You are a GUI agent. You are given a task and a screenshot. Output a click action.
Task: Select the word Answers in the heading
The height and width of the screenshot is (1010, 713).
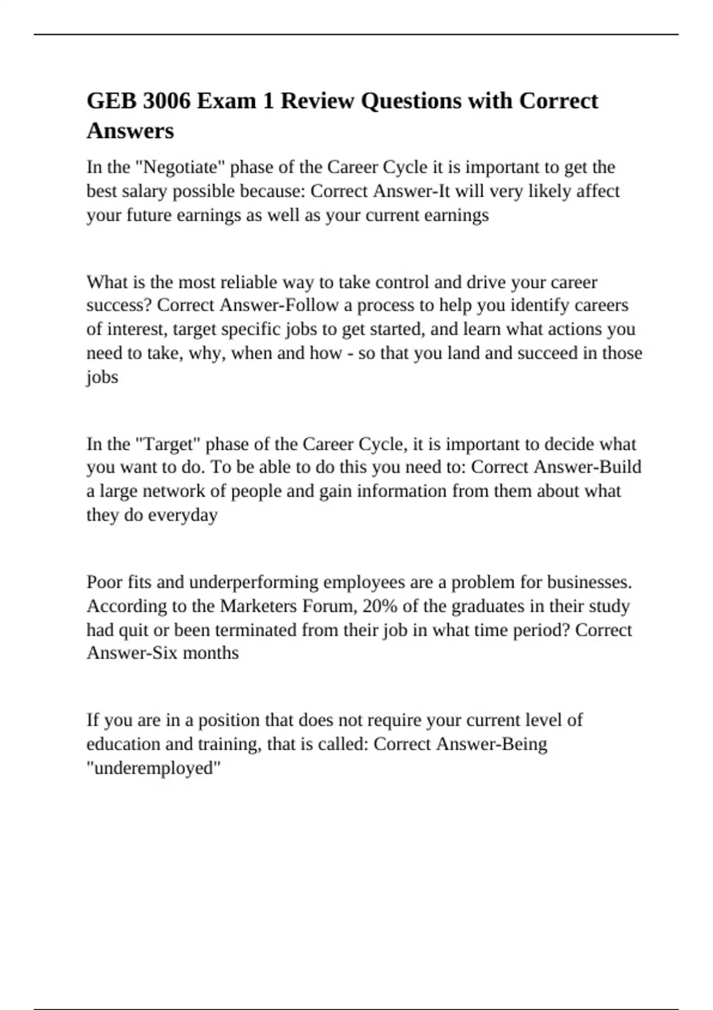click(x=130, y=131)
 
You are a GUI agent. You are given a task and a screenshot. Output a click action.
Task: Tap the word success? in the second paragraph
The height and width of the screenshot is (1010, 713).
click(x=119, y=305)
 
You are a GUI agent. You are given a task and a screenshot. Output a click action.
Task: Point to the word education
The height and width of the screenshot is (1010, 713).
click(x=122, y=744)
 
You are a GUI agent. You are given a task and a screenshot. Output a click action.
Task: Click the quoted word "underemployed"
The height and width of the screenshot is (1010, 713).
click(x=154, y=768)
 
